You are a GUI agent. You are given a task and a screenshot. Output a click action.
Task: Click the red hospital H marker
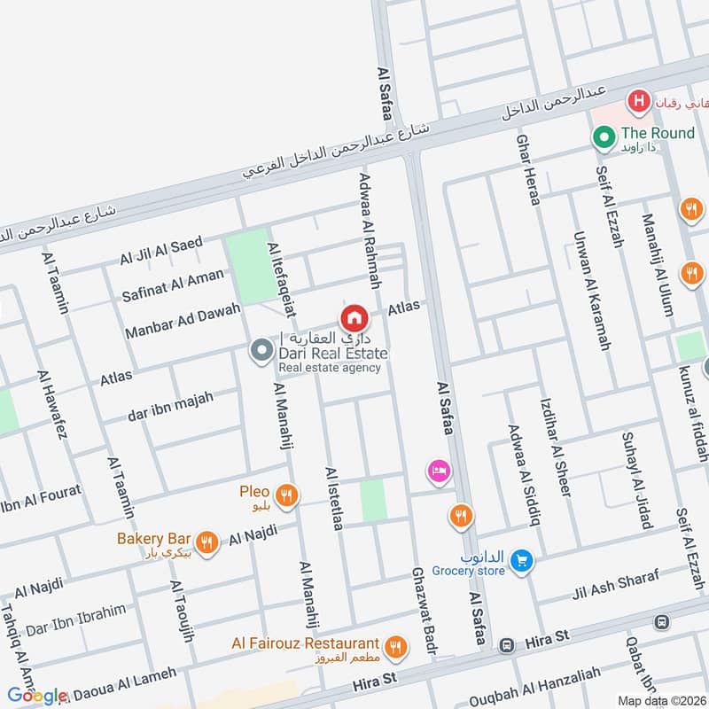tap(637, 102)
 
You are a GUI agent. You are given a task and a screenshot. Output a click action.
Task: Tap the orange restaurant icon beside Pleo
tap(285, 496)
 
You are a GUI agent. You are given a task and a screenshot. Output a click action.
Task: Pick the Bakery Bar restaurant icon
tap(206, 542)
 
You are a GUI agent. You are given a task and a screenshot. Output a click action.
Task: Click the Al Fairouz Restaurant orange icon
tap(397, 646)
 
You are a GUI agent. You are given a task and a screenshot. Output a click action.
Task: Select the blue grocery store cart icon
tap(521, 560)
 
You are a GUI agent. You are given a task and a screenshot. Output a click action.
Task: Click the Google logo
tap(37, 696)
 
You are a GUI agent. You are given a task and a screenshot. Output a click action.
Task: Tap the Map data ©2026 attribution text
tap(661, 701)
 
